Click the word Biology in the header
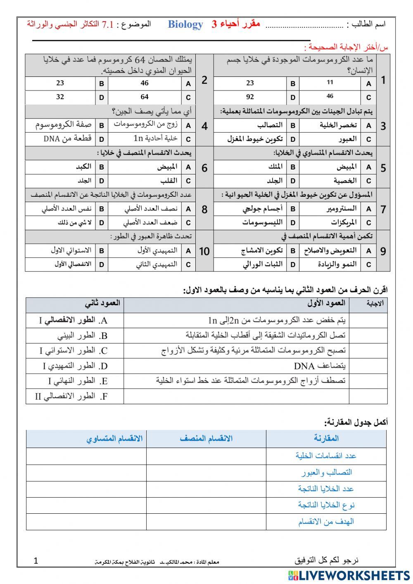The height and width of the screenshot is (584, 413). click(185, 24)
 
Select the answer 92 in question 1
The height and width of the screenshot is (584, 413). click(250, 98)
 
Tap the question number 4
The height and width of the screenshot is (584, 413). click(204, 126)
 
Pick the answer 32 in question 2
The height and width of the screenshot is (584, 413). click(60, 98)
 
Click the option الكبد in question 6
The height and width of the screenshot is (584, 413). click(83, 167)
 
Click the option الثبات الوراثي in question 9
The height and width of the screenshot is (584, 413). click(263, 264)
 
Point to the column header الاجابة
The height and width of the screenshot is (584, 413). click(375, 304)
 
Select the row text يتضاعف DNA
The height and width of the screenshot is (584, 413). click(320, 366)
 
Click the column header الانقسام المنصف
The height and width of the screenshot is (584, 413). click(206, 439)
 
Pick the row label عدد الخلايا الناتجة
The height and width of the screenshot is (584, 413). click(326, 489)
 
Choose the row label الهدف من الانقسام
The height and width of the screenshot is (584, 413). click(326, 522)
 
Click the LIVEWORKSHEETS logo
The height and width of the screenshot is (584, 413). click(349, 575)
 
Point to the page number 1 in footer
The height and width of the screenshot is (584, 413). click(36, 560)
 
